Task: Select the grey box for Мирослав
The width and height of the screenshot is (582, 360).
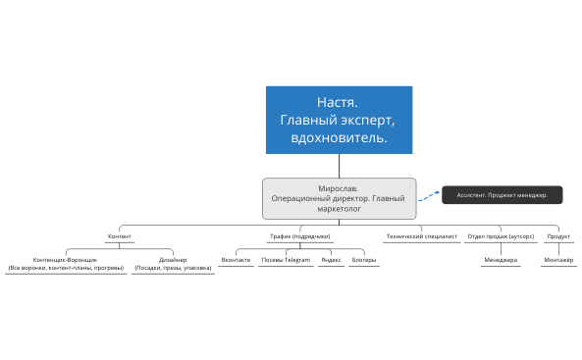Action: pos(339,197)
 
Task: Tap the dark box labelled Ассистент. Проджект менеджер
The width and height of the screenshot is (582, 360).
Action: pos(502,195)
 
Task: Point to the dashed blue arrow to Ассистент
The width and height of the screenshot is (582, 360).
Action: pos(429,196)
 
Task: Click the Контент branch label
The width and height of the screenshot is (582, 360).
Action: pos(119,236)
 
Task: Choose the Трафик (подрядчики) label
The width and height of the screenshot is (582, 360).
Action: pos(300,236)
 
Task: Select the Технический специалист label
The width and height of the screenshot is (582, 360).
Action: pos(421,236)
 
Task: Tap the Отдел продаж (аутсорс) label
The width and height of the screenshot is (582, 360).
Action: pos(500,236)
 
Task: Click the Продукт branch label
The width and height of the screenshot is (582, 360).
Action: pos(558,236)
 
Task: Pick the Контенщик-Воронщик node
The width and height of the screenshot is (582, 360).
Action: pos(66,263)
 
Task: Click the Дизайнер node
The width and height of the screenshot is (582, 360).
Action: pos(173,263)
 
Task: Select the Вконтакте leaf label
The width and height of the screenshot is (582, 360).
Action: pos(236,260)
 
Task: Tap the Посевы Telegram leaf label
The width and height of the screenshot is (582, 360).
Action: pos(285,260)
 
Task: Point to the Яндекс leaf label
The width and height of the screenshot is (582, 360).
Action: pos(331,260)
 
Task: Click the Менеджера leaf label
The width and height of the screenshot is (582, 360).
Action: pos(500,260)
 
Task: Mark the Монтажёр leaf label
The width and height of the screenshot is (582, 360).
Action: pos(558,260)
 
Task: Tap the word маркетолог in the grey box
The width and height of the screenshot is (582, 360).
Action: pos(339,208)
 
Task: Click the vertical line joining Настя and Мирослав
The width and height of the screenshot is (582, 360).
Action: pos(339,166)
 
